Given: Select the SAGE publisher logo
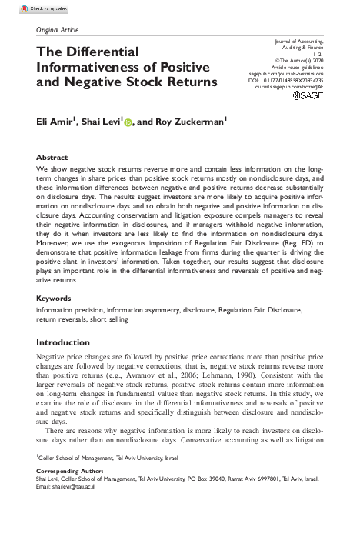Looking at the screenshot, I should pyautogui.click(x=308, y=96).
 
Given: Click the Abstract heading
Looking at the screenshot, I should pyautogui.click(x=52, y=156).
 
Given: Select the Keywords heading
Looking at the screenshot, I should pyautogui.click(x=54, y=296).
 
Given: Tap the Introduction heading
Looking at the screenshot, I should pyautogui.click(x=63, y=342).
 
